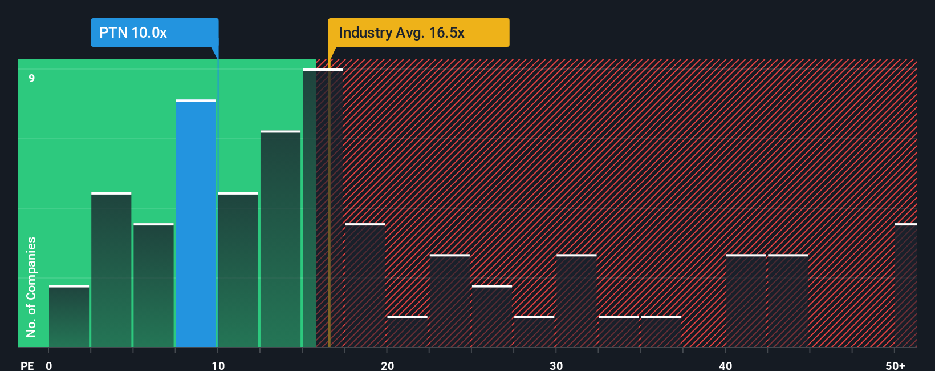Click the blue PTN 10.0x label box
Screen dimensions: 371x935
point(154,33)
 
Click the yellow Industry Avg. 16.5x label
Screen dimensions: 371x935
point(418,33)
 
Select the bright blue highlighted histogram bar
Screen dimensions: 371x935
point(196,224)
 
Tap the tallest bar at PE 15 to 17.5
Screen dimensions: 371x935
point(323,208)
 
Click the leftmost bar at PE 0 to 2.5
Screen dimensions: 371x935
point(69,317)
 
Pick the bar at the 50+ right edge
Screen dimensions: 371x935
point(905,285)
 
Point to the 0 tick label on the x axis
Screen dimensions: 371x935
point(49,365)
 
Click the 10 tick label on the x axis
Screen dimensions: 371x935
point(218,365)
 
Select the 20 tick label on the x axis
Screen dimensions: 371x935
point(388,365)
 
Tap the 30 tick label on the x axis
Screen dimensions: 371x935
point(556,365)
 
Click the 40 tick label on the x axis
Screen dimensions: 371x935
point(725,365)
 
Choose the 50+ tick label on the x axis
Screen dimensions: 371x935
point(895,365)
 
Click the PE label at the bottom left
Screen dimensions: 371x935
point(27,365)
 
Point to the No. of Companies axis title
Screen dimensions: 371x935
point(31,287)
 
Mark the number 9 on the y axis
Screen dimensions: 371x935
point(32,78)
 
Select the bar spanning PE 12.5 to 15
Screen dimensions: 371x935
point(280,239)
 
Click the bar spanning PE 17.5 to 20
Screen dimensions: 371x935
point(365,285)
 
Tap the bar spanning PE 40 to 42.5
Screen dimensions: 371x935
point(746,301)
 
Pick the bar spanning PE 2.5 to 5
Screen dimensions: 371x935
point(111,270)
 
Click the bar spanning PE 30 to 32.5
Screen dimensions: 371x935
point(576,301)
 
